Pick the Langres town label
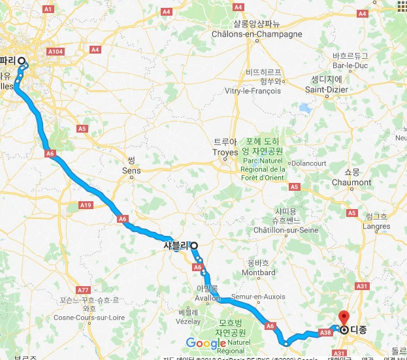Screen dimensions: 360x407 tap(375, 225)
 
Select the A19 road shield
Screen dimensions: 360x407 tap(86, 205)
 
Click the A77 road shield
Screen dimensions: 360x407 tap(82, 289)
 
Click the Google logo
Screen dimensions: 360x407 tap(206, 343)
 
